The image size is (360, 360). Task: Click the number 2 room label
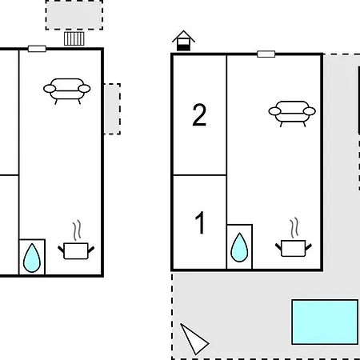pos(199,114)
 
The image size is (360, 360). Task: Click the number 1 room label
pos(200,222)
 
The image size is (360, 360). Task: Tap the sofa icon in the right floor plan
pos(292,113)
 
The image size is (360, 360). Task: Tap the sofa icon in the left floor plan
pos(67,90)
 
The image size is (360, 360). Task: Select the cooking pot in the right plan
pos(294,248)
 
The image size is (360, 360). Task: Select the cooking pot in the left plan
pos(76,250)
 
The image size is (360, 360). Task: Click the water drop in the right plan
pos(239,248)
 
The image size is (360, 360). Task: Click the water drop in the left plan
pos(32,258)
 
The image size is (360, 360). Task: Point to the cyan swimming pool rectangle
pos(325,322)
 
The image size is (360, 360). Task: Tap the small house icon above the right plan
pos(183,41)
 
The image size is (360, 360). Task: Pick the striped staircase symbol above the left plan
pos(74,38)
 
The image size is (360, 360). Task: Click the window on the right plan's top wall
pos(266,54)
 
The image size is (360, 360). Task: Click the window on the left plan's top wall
pos(37,49)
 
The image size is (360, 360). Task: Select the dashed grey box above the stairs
pos(74,14)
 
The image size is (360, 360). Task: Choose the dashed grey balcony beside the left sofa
pos(112,109)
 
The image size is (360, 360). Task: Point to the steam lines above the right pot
pos(294,228)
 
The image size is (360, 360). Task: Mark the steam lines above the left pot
pos(77,230)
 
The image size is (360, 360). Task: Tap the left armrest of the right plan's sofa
pos(274,111)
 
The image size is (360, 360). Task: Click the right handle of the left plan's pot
pos(91,250)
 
